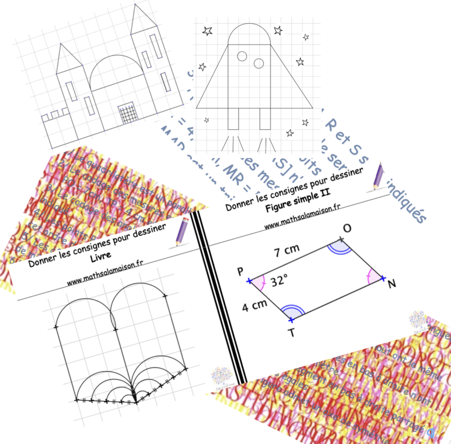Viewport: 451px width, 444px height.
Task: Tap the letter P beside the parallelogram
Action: [x=241, y=272]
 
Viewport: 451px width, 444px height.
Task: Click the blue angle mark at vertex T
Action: [x=292, y=312]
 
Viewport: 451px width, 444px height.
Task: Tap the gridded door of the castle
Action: [x=127, y=112]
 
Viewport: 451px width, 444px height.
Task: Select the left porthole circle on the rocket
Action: [x=242, y=56]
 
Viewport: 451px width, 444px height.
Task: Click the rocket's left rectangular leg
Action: [x=233, y=119]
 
